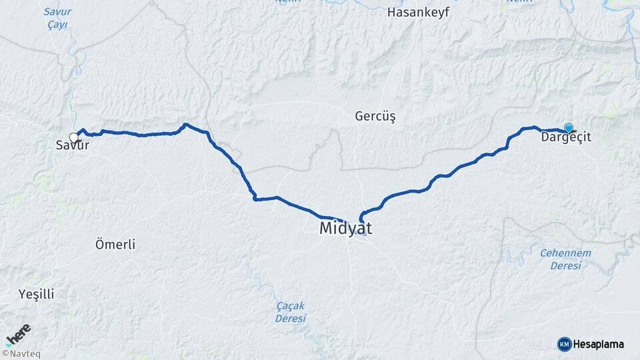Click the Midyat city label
tap(345, 228)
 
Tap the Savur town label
tap(72, 145)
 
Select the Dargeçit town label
tap(566, 137)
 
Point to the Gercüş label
tap(375, 117)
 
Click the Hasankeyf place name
tap(418, 12)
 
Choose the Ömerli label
tap(115, 245)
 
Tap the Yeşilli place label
tap(37, 294)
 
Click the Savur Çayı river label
tap(57, 17)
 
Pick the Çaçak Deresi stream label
tap(290, 312)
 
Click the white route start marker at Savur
tap(74, 137)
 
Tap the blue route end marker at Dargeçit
tap(569, 128)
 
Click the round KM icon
tap(564, 344)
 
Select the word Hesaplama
tap(599, 344)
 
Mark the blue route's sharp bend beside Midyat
tap(361, 216)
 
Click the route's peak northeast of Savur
tap(185, 124)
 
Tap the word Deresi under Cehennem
tap(566, 265)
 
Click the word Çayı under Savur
tap(57, 24)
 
